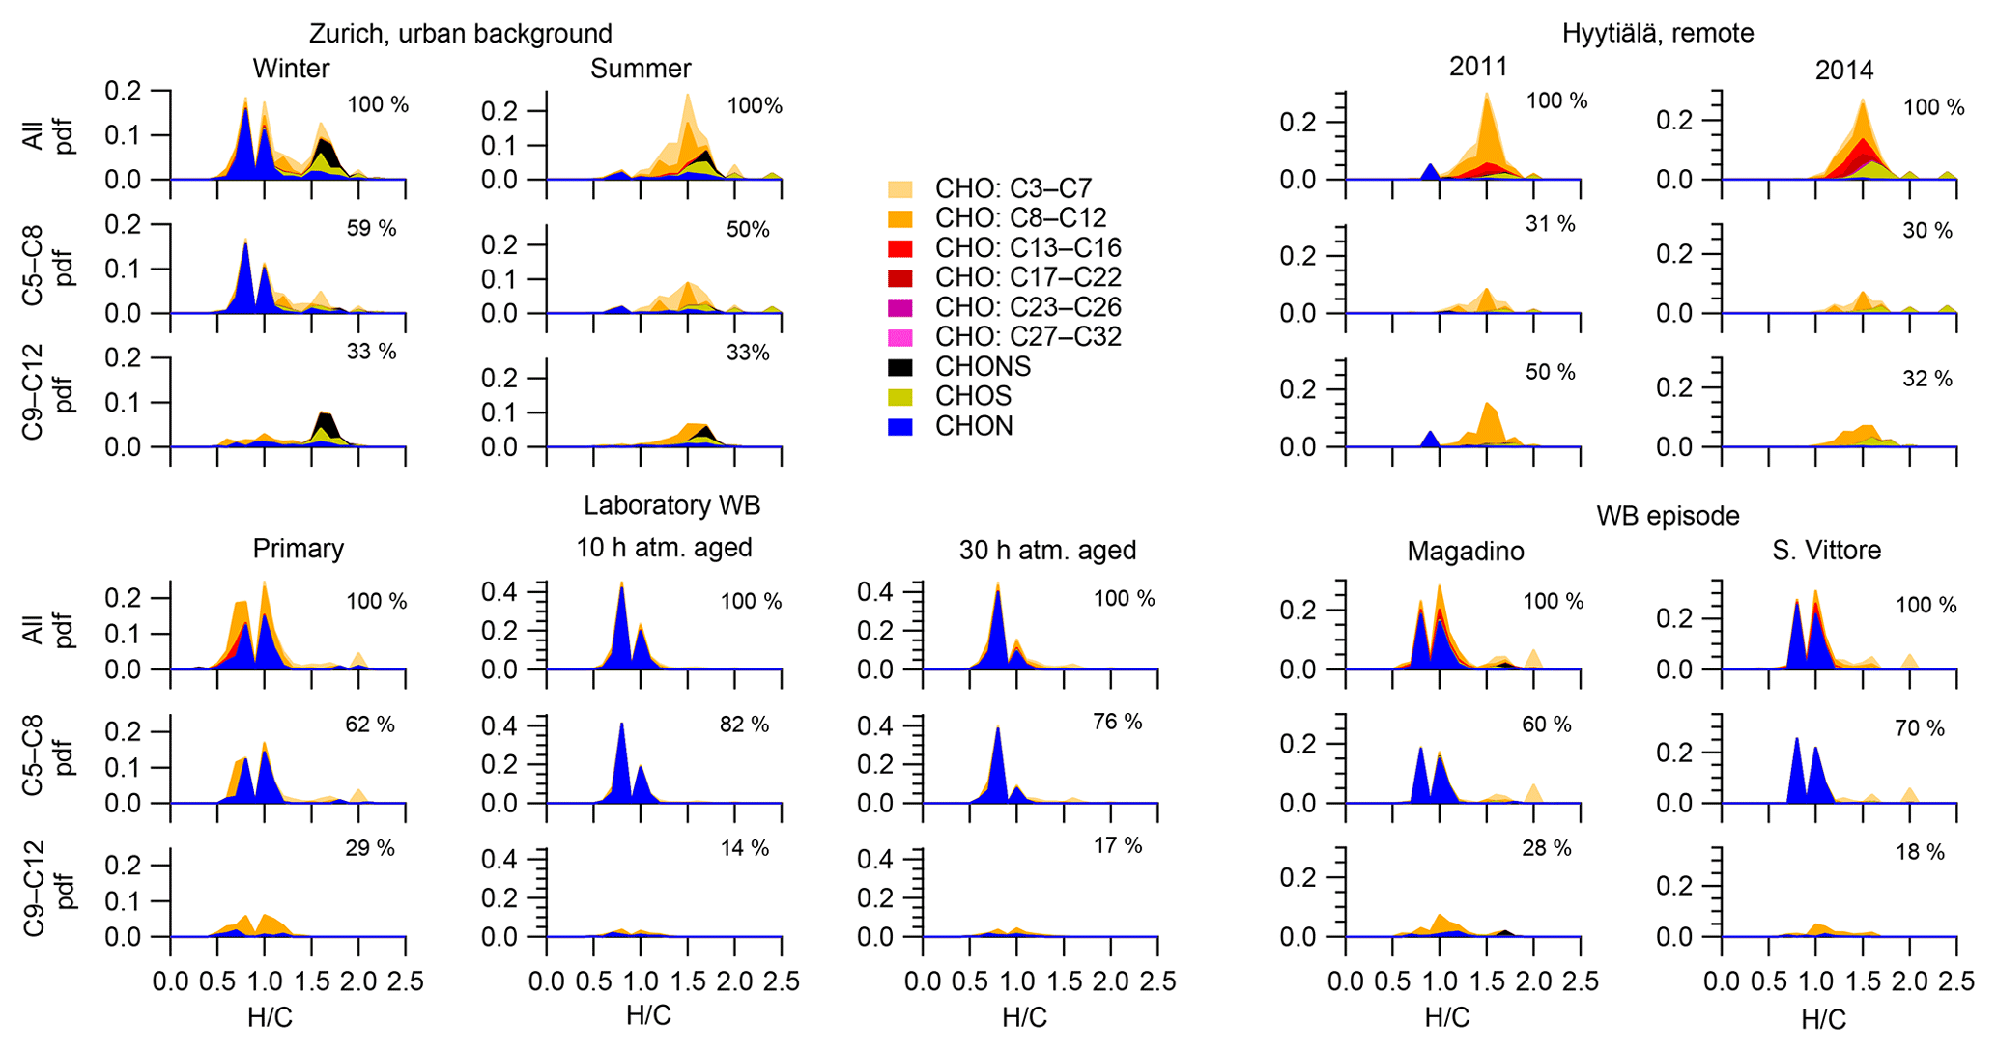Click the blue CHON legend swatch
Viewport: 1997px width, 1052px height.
tap(899, 426)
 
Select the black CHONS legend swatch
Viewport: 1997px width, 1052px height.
tap(899, 367)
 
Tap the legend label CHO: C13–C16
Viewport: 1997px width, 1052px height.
tap(1028, 248)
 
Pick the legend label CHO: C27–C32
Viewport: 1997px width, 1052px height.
tap(1028, 337)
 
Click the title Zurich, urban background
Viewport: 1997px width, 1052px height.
tap(460, 34)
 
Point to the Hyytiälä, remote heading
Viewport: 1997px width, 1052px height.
tap(1657, 34)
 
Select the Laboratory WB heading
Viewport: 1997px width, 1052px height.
tap(671, 505)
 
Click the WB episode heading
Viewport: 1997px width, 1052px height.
tap(1667, 516)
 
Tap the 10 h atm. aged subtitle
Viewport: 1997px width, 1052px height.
tap(664, 548)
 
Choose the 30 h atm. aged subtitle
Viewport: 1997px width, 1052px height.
tap(1047, 551)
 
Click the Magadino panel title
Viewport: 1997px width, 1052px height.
tap(1465, 552)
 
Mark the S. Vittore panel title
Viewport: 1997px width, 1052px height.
tap(1826, 551)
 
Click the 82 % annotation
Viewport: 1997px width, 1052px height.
tap(744, 725)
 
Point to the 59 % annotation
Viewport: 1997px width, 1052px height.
tap(371, 229)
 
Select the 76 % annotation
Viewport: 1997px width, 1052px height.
tap(1118, 723)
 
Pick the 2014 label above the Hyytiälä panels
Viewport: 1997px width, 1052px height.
tap(1843, 71)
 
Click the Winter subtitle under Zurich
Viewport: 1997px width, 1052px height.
tap(291, 69)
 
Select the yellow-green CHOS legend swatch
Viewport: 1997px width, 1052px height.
tap(899, 396)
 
